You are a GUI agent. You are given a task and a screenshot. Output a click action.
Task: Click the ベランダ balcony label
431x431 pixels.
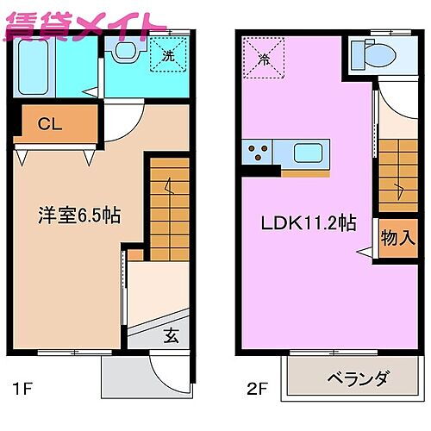tap(358, 378)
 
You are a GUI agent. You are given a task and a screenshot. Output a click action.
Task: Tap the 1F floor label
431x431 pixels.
tap(23, 388)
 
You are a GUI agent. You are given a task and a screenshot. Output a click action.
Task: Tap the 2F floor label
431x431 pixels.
tap(256, 388)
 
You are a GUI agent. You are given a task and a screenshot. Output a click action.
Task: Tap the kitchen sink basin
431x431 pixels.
tap(308, 153)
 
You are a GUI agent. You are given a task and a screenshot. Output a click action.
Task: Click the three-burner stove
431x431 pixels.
tap(258, 153)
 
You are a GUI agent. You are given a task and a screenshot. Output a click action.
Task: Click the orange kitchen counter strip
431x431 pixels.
tap(305, 172)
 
